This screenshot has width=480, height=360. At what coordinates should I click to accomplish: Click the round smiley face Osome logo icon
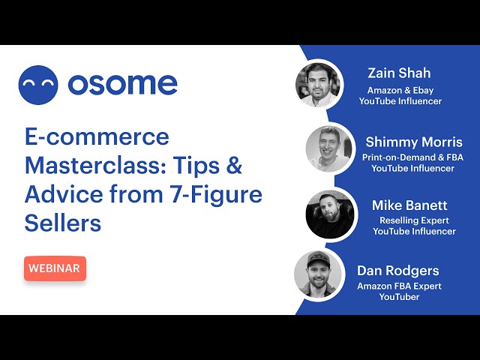(x=38, y=85)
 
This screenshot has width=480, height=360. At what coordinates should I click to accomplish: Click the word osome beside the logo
(x=123, y=84)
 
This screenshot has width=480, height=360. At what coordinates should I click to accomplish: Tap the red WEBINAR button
(x=55, y=268)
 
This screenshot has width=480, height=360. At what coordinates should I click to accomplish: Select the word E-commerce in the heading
(x=97, y=136)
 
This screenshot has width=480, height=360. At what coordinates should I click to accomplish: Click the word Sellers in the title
(x=63, y=223)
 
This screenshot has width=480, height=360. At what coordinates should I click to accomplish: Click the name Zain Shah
(x=399, y=73)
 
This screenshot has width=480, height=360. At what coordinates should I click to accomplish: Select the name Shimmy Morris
(x=414, y=142)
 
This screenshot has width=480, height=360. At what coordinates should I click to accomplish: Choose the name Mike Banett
(x=409, y=205)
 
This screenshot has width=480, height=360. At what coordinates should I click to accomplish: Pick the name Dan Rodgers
(x=398, y=271)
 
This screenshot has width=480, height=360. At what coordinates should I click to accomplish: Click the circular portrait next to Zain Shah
(x=318, y=85)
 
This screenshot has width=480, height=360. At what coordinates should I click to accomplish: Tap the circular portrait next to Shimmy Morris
(x=329, y=148)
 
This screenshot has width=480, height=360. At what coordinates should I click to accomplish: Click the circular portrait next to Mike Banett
(x=330, y=214)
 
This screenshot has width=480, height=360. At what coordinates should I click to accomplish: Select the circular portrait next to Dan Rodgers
(x=318, y=274)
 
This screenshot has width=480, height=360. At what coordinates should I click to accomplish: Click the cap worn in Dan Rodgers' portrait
(x=318, y=259)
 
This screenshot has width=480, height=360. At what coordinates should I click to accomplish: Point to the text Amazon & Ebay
(x=400, y=90)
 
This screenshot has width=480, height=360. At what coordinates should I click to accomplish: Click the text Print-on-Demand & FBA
(x=412, y=157)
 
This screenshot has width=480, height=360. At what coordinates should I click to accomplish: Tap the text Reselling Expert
(x=414, y=220)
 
